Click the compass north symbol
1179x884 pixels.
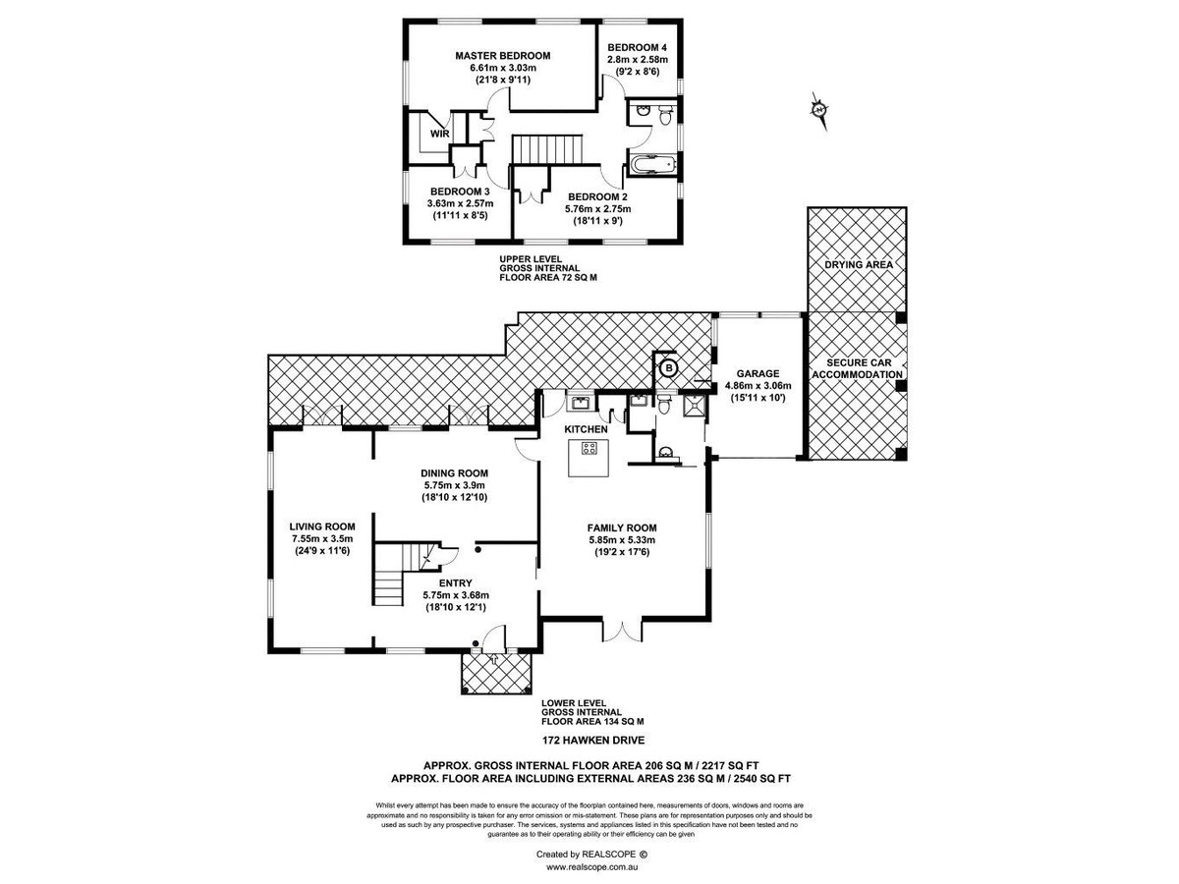click(x=818, y=110)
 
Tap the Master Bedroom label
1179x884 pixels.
click(x=503, y=56)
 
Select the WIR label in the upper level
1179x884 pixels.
click(x=439, y=135)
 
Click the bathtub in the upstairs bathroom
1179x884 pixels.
click(x=651, y=165)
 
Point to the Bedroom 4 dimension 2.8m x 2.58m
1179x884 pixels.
click(x=638, y=60)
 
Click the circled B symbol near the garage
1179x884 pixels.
click(x=669, y=367)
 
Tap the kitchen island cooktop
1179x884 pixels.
click(x=589, y=448)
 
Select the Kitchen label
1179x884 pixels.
click(x=586, y=429)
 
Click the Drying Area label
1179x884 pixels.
click(x=859, y=264)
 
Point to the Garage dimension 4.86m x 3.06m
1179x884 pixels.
click(x=758, y=386)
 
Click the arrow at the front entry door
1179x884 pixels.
click(x=493, y=659)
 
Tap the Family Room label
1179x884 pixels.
click(x=622, y=528)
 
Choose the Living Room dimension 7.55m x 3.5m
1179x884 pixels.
click(x=322, y=539)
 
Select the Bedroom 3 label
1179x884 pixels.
click(x=460, y=192)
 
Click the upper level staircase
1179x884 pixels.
click(x=547, y=149)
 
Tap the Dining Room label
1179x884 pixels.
click(x=455, y=473)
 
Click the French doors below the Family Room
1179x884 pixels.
click(x=623, y=632)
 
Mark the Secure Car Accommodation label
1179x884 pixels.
click(x=858, y=368)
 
